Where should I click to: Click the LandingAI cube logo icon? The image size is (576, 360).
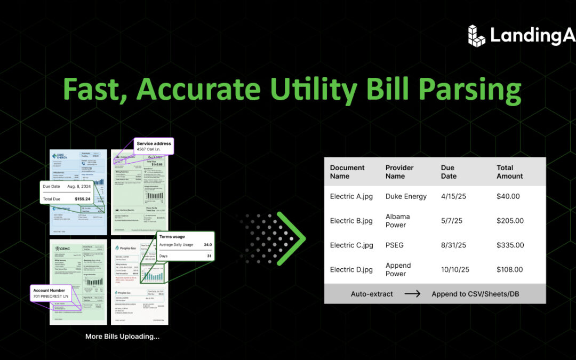[477, 35]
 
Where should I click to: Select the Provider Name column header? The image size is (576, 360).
[399, 172]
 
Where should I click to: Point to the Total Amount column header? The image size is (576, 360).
[509, 172]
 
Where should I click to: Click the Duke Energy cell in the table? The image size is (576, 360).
[406, 196]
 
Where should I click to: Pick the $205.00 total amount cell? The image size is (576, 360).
[510, 221]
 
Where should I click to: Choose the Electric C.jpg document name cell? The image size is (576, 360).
[351, 245]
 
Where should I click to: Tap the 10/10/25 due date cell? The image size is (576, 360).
[455, 270]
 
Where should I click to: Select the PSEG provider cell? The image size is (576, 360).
[395, 245]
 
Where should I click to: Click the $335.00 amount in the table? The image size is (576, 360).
[510, 245]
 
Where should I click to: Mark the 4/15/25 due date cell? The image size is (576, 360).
[453, 196]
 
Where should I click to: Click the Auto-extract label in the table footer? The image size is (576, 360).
[372, 294]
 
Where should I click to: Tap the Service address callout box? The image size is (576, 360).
[154, 146]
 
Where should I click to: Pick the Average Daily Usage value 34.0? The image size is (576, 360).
[207, 245]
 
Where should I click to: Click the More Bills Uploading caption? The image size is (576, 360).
[122, 337]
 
